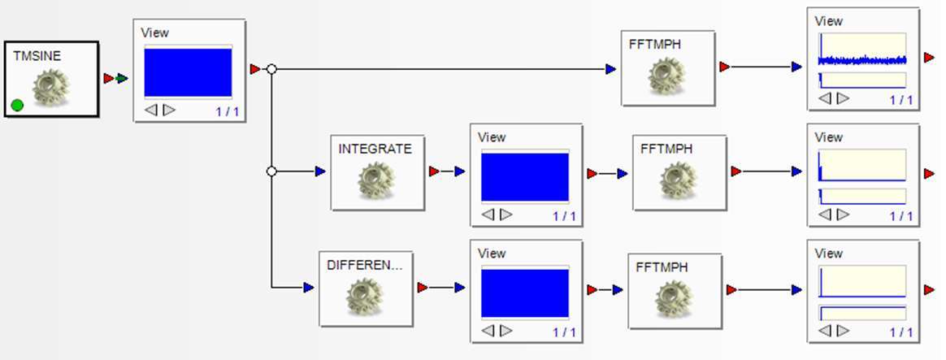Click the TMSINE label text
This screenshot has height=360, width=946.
(37, 56)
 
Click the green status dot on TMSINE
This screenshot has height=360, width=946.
(17, 105)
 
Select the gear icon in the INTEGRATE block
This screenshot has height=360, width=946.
(376, 182)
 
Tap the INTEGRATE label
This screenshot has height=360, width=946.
(375, 149)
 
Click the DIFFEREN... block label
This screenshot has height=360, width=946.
(365, 265)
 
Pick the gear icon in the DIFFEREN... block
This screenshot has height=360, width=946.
(365, 297)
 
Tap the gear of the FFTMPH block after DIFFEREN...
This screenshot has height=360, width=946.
(675, 298)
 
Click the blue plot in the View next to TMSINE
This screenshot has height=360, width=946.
(188, 73)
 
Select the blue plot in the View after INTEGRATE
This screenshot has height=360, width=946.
(525, 176)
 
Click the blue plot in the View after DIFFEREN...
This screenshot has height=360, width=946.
(525, 293)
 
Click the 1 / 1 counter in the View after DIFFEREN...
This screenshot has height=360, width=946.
(564, 332)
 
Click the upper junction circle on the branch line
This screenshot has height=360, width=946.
(272, 70)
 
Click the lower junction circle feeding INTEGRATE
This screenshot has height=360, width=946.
(272, 171)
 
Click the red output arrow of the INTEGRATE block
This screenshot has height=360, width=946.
(433, 171)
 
